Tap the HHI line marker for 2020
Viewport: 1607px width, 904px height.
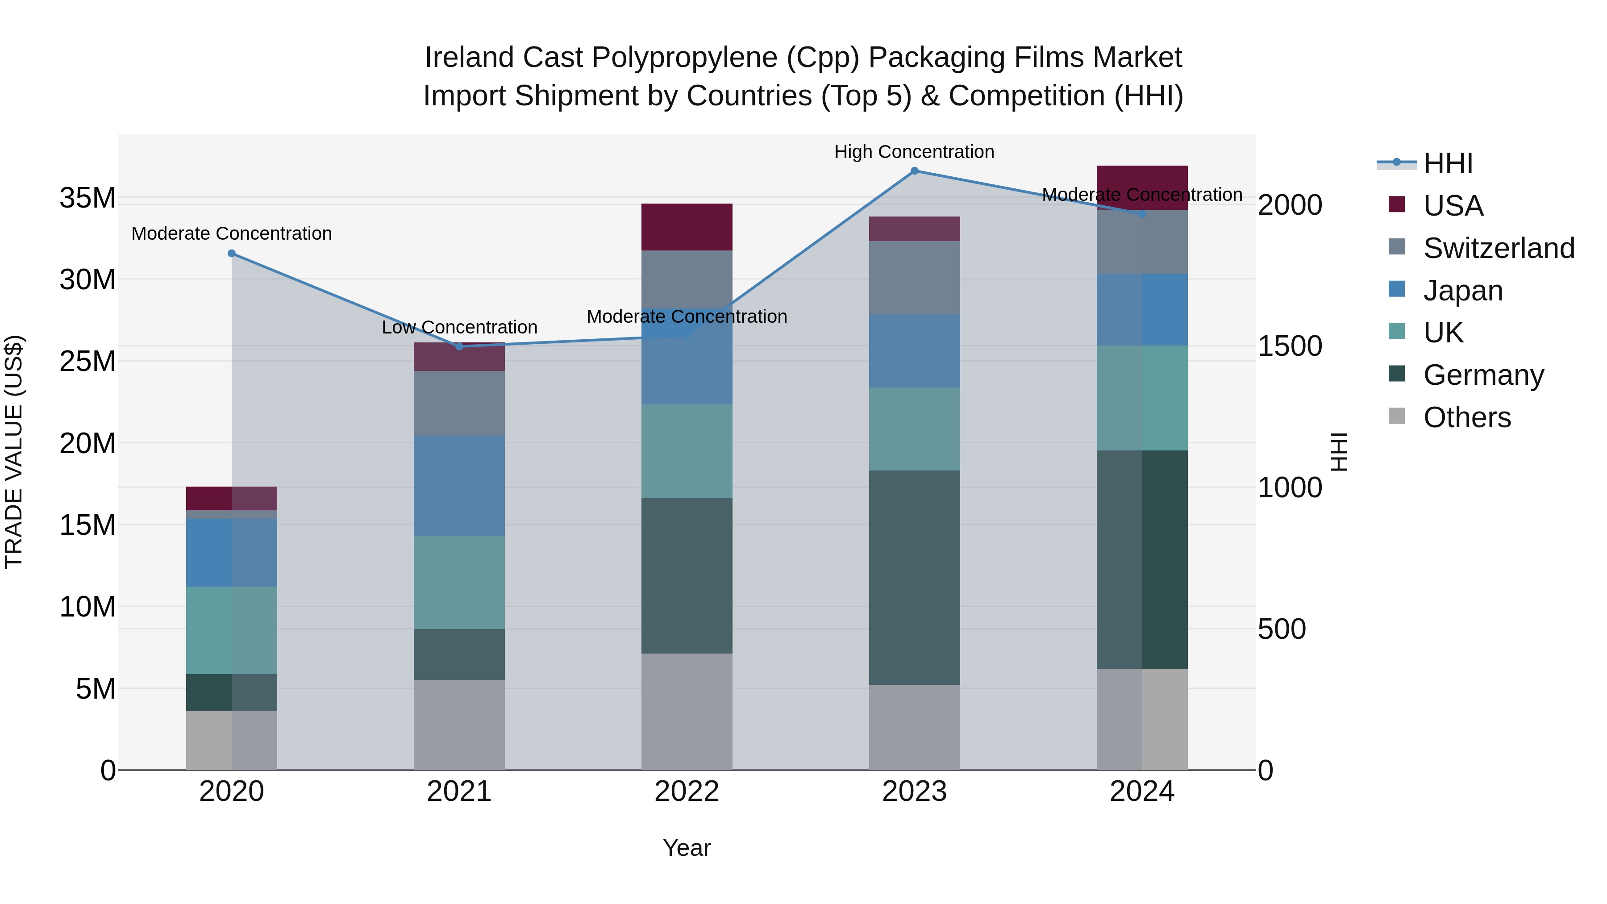(231, 253)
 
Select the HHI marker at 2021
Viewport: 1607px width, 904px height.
(459, 346)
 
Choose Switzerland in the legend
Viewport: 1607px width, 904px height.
(1498, 248)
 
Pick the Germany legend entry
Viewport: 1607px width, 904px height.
(1483, 375)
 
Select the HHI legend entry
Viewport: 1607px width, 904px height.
(1447, 163)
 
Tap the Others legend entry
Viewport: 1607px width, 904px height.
(1466, 417)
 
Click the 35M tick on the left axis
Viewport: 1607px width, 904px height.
(87, 198)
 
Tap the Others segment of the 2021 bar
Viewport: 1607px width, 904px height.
(459, 725)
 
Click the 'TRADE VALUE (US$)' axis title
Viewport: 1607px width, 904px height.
(14, 452)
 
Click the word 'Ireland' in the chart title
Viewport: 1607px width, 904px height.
(469, 58)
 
